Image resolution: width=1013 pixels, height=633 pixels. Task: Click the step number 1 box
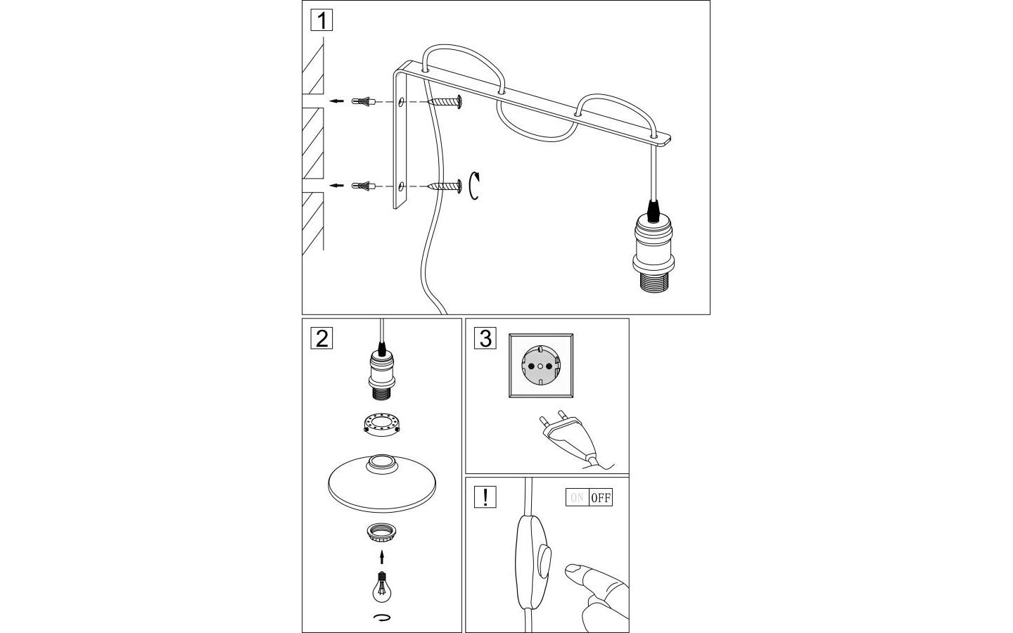321,20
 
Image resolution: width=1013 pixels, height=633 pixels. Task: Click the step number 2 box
321,338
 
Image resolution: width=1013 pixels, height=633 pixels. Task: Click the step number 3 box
485,338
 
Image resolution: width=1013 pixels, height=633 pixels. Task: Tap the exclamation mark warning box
485,497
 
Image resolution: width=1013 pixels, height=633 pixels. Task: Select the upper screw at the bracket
443,102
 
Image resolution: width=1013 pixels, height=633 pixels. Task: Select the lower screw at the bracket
444,186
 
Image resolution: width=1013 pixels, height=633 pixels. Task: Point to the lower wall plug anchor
364,186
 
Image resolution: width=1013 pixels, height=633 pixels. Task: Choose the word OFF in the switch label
601,498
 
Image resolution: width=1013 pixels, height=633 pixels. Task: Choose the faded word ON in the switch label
577,498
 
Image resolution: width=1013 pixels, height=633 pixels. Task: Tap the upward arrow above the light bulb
381,557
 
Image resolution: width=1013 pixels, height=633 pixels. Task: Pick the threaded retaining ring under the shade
381,532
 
